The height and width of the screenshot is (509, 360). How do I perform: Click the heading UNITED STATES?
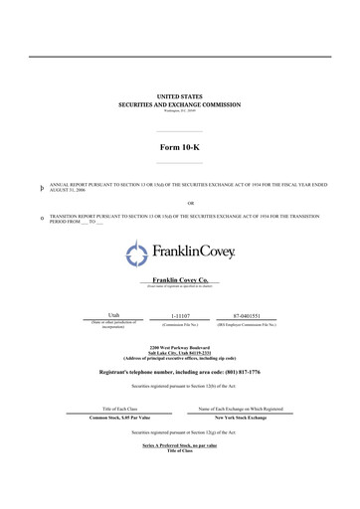coord(179,96)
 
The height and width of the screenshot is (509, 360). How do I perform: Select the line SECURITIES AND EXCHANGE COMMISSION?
coord(179,103)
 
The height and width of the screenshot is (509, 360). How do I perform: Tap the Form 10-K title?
coord(179,145)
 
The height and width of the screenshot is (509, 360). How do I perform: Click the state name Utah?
coord(100,315)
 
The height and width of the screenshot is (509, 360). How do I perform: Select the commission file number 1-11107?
coord(180,315)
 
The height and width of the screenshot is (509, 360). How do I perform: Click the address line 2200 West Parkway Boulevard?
coord(179,347)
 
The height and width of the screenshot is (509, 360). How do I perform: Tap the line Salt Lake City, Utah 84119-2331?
coord(179,353)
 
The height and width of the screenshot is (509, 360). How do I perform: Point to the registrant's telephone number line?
coord(179,371)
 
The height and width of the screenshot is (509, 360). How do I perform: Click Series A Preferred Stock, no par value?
coord(179,445)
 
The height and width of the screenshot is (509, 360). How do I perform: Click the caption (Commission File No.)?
coord(180,325)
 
